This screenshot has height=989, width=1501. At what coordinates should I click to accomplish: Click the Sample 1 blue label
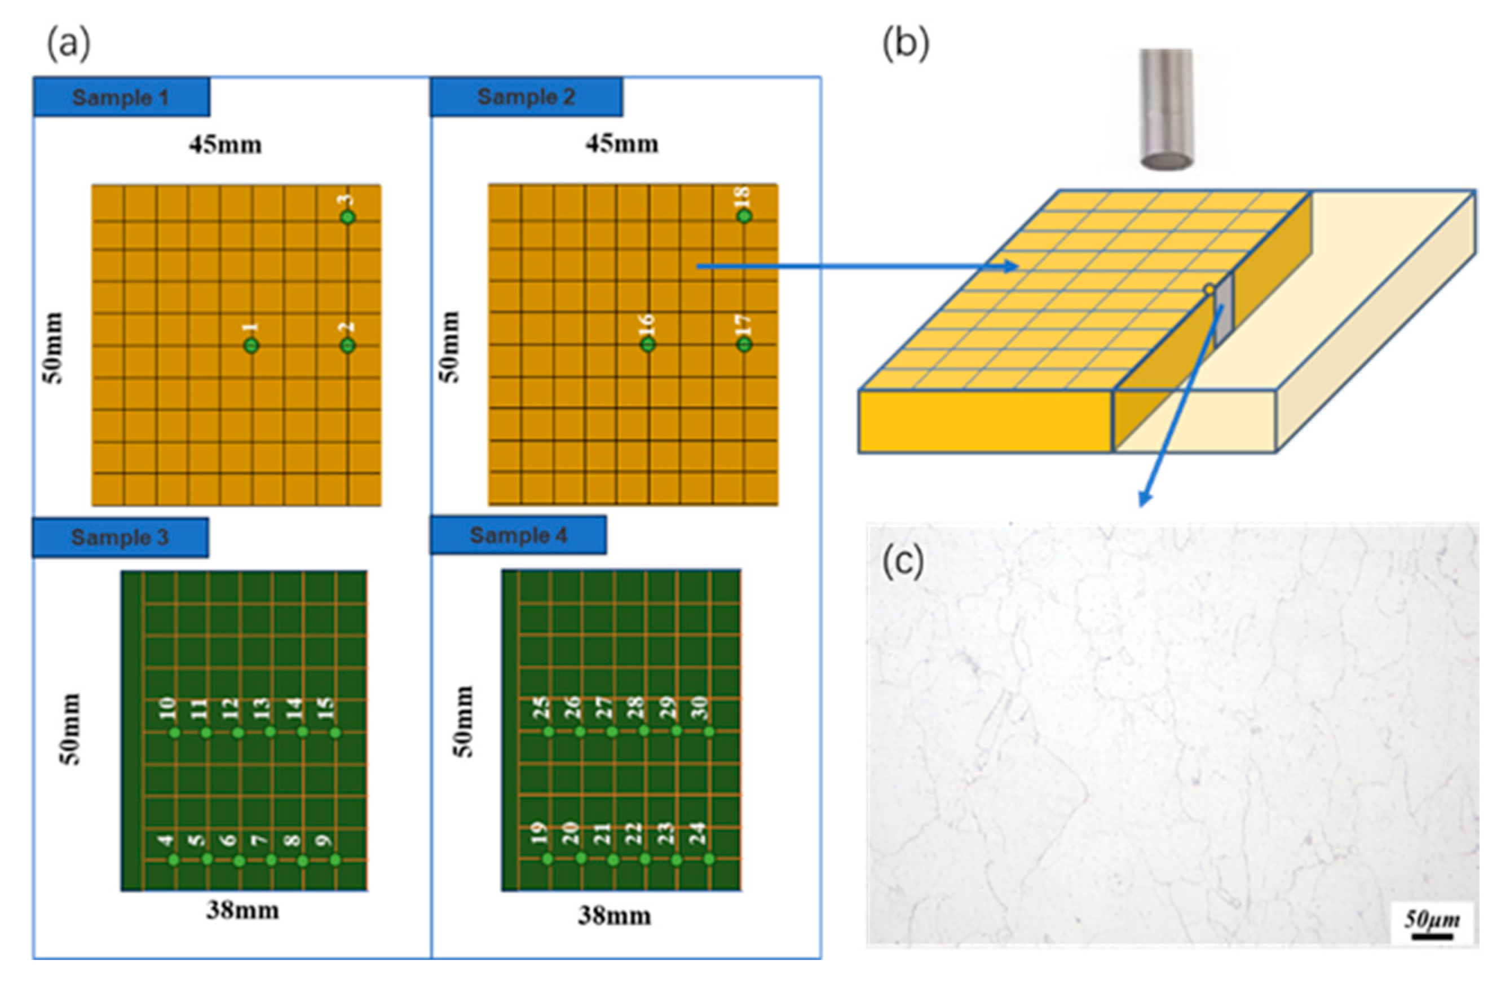pos(121,97)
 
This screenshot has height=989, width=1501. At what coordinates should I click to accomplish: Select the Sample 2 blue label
pos(526,96)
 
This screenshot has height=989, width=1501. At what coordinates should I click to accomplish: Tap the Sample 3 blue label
pos(120,538)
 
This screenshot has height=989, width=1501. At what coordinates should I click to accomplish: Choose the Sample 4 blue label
pos(518,535)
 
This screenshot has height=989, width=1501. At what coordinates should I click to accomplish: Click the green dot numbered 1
pos(251,345)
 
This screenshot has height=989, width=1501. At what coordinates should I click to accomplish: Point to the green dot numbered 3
pos(347,217)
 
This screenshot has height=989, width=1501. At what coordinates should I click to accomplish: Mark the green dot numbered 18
pos(744,216)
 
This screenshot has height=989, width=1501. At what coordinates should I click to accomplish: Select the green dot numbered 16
pos(648,344)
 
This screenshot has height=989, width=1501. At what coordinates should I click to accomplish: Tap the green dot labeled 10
pos(175,732)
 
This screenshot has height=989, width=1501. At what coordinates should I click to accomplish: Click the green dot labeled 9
pos(335,860)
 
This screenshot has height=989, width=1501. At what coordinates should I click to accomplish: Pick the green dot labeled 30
pos(709,731)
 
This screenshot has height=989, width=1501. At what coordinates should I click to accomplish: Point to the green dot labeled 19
pos(548,859)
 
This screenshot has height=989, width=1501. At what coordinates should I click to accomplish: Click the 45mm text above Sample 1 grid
pos(225,145)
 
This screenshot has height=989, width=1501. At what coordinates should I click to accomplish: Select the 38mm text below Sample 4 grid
pos(614,916)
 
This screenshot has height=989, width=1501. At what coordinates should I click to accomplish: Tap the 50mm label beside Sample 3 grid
pos(70,729)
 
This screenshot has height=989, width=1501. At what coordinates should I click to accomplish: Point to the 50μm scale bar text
pos(1432,920)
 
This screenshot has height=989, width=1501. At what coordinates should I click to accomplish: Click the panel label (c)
pos(902,561)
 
